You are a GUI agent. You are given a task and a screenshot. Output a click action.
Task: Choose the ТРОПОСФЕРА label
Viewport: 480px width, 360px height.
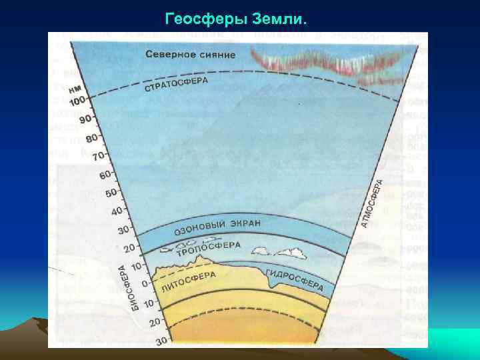pyautogui.click(x=208, y=249)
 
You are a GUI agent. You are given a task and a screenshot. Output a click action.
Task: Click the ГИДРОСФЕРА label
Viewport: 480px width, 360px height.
pyautogui.click(x=294, y=279)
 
